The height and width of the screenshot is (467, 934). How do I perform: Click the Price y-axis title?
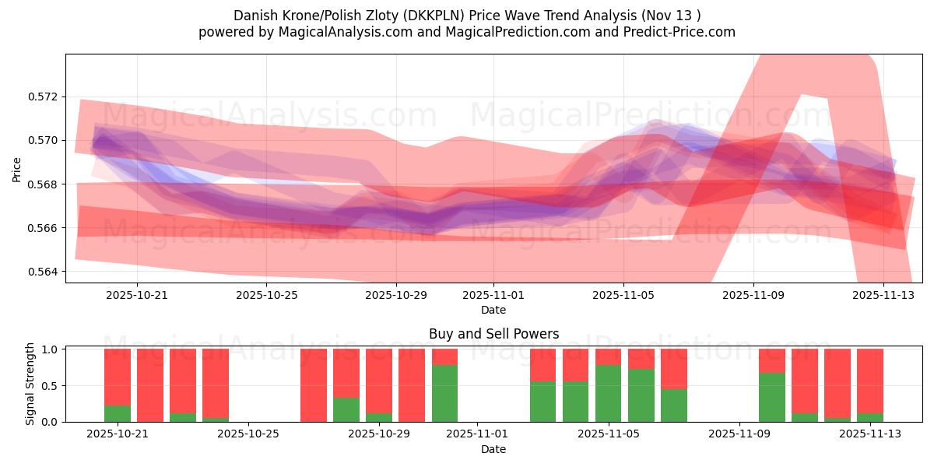point(16,169)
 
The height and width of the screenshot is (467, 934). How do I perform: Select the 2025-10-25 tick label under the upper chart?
point(267,295)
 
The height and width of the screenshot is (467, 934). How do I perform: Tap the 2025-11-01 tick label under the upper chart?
point(493,295)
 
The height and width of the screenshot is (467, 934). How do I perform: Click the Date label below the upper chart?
point(493,310)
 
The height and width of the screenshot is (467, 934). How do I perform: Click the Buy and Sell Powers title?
point(493,334)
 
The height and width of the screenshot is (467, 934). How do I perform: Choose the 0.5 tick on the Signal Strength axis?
point(50,386)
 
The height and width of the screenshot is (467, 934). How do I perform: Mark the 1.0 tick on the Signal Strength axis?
point(50,349)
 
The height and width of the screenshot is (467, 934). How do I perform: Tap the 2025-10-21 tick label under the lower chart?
point(118,433)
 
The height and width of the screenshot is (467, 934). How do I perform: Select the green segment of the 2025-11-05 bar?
point(608,393)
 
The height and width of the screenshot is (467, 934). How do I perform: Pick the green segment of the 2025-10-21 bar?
point(118,413)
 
